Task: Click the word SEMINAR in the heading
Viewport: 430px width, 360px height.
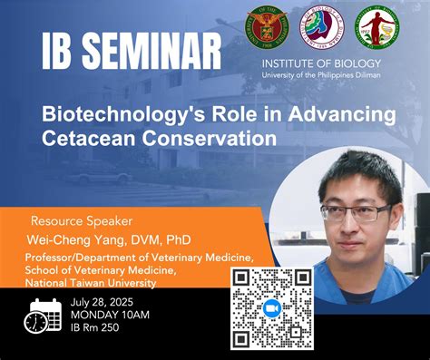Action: pos(154,52)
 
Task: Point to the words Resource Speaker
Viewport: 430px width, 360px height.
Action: pos(82,220)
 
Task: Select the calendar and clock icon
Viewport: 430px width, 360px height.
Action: pos(42,314)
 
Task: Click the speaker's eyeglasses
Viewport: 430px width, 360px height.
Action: pos(356,213)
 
